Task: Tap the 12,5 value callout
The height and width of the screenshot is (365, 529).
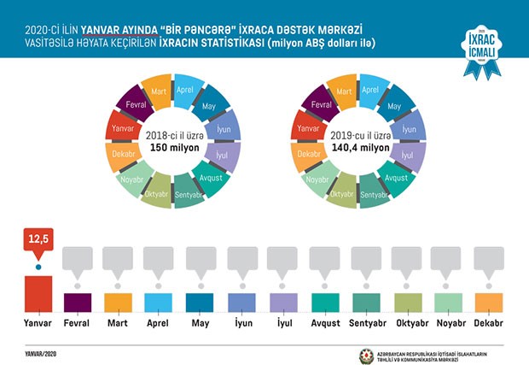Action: click(38, 242)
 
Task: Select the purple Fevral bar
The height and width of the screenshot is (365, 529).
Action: click(78, 303)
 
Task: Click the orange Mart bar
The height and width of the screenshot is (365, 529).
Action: click(119, 303)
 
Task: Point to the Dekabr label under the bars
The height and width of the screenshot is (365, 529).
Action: click(489, 323)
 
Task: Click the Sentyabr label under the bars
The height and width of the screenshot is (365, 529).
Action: click(365, 323)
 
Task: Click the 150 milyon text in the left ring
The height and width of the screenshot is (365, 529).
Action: click(173, 148)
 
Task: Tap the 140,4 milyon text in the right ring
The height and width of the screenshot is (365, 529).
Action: click(357, 148)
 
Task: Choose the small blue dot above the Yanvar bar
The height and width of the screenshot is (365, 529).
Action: click(38, 268)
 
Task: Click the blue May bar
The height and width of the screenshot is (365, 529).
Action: click(201, 303)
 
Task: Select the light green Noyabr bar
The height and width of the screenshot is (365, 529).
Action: click(448, 303)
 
